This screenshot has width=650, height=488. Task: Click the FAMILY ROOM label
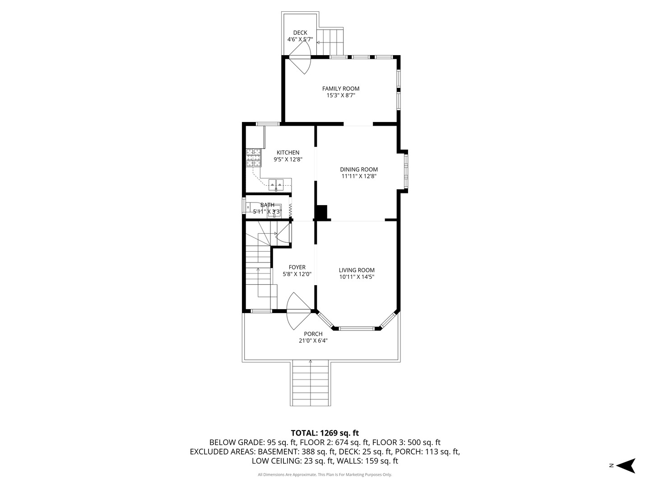coord(341,89)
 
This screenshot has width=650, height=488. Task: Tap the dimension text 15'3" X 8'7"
coord(341,95)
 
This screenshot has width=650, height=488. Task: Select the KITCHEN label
coord(288,153)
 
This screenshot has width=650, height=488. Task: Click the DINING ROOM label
coord(359,169)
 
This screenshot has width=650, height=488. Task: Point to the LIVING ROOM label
coord(357,270)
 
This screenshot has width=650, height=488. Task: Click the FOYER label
coord(297,267)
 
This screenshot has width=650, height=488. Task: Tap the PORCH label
coord(313,334)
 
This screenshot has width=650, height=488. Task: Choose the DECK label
coord(300,33)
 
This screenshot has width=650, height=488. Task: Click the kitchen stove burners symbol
coord(254,158)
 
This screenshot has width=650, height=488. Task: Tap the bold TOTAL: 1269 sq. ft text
coord(325,433)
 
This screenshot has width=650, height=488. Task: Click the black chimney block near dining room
coord(321,213)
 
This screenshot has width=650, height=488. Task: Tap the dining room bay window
coord(406,171)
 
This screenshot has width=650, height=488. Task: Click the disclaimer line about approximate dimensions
coord(325,474)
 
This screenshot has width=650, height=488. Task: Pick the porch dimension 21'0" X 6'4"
coord(313,341)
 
